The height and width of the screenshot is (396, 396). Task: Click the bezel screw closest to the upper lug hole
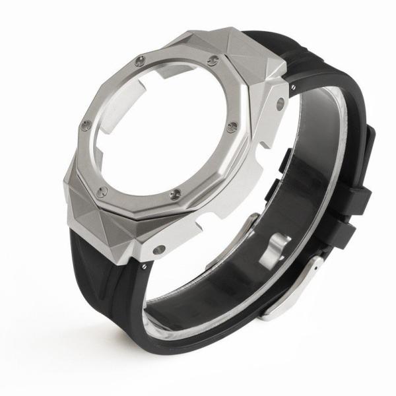pyautogui.click(x=232, y=127)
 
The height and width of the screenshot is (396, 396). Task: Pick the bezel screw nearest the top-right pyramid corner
pyautogui.click(x=212, y=61)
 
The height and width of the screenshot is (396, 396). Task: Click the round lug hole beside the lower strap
pyautogui.click(x=159, y=249)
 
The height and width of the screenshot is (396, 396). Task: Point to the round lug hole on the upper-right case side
pyautogui.click(x=280, y=103)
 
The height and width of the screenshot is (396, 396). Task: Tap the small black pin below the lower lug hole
pyautogui.click(x=145, y=266)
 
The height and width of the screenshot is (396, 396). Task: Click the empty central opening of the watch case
pyautogui.click(x=162, y=125)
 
